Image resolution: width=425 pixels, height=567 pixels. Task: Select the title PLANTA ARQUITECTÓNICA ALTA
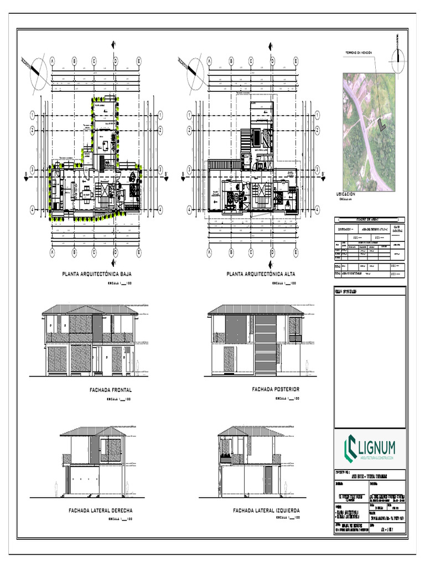pos(261,274)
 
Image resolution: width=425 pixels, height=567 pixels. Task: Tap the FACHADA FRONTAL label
pos(111,390)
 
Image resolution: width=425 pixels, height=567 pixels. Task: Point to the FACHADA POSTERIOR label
pos(276,390)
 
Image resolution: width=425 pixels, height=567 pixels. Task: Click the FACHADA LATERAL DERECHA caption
pos(100,510)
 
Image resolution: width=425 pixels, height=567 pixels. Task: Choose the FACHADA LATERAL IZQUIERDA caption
pos(266,510)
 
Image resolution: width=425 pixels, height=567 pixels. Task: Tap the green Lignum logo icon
pos(351,447)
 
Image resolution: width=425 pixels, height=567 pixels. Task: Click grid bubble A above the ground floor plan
pos(52,61)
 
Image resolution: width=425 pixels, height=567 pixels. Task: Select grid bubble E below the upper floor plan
pos(296,252)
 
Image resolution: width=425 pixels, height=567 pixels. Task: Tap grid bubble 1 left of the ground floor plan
pos(33,115)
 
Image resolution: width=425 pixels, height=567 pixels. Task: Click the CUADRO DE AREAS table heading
pos(370,219)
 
